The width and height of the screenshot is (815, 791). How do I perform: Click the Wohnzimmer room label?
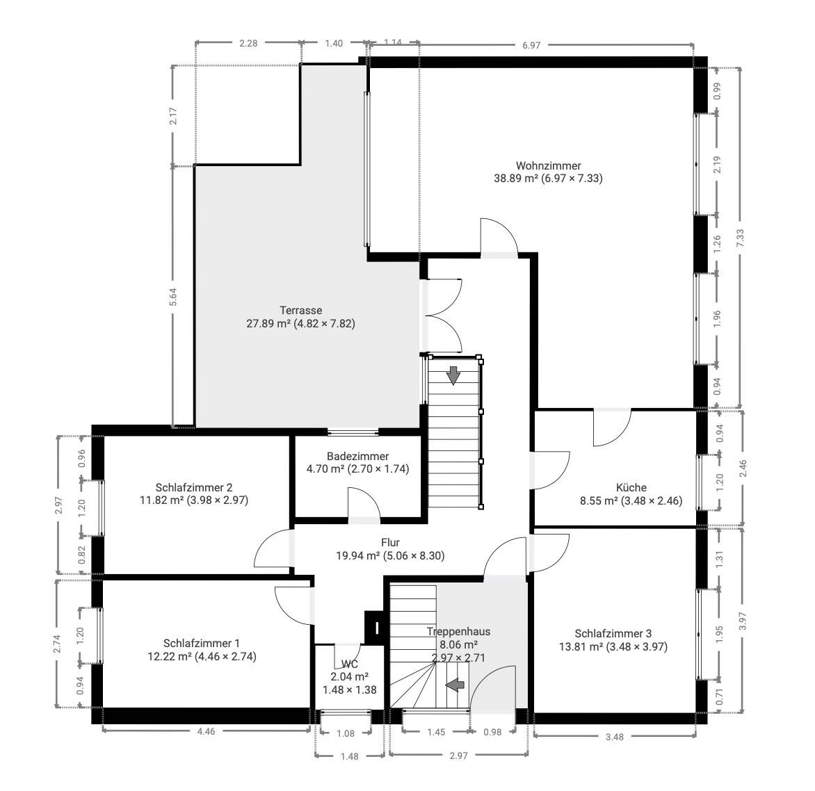[548, 165]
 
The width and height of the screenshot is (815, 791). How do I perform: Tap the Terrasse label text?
[301, 311]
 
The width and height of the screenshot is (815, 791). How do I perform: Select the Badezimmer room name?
[357, 457]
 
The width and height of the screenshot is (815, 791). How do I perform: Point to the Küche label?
[631, 488]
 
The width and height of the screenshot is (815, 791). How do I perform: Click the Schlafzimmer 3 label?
[613, 634]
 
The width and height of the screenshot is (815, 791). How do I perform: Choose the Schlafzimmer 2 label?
[194, 488]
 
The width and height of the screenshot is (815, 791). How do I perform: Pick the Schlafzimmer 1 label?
[202, 644]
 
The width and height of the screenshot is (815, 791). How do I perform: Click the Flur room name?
[390, 543]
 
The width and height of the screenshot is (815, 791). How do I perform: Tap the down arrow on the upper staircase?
[454, 375]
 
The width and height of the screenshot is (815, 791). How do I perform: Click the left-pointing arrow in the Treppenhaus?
[455, 685]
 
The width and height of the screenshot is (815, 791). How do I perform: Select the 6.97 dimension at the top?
[531, 45]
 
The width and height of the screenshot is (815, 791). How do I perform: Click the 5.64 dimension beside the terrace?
[173, 297]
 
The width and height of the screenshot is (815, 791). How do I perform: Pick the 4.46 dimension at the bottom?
[206, 731]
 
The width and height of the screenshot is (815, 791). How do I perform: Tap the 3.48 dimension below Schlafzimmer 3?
[614, 737]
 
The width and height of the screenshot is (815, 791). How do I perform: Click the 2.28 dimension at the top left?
[248, 43]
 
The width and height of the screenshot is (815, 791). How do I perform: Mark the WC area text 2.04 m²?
[349, 677]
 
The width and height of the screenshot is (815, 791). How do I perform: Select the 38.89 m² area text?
[515, 178]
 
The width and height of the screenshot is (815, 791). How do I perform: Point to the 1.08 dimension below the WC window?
[346, 733]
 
